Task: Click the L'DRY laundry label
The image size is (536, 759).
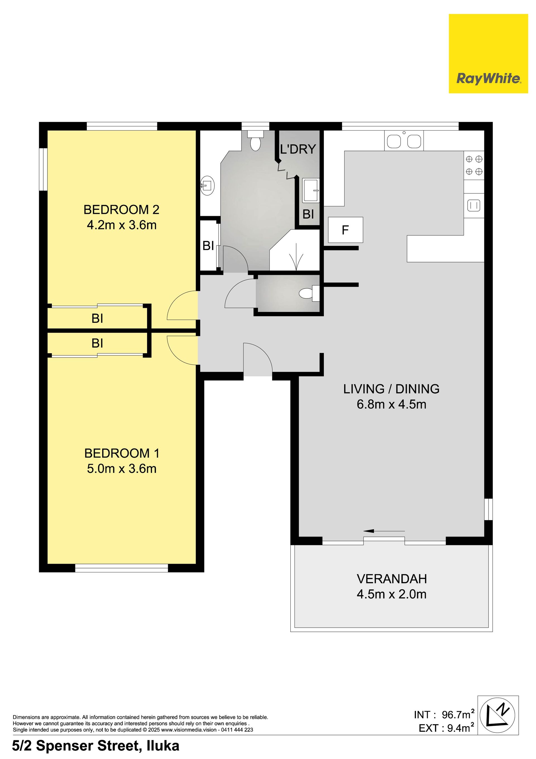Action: pyautogui.click(x=298, y=149)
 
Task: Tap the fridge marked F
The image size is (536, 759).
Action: pyautogui.click(x=345, y=230)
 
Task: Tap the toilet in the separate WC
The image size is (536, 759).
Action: pyautogui.click(x=309, y=293)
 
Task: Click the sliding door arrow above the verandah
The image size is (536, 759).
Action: pyautogui.click(x=384, y=531)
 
